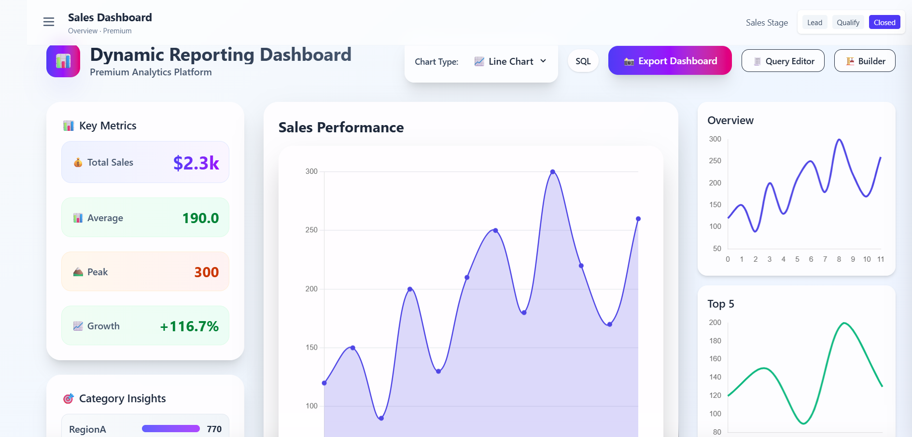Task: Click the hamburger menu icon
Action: (49, 22)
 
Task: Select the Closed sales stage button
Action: (884, 23)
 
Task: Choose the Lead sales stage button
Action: (814, 23)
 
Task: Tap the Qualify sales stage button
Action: (848, 23)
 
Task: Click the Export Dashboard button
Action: (670, 61)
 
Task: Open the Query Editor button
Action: (783, 61)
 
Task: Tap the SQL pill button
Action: (583, 61)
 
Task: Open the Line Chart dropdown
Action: (511, 61)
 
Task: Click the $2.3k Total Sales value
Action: (196, 163)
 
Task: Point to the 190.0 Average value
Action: (200, 218)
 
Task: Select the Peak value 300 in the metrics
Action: (206, 272)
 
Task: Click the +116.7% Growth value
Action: (189, 326)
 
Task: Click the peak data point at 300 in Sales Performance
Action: (553, 172)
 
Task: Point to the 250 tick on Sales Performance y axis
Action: (311, 230)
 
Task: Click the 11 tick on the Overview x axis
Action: (881, 259)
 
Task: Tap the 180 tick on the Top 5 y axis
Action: (715, 341)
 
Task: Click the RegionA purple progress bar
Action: (170, 429)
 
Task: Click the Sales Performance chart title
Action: (341, 127)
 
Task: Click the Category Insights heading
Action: (122, 399)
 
